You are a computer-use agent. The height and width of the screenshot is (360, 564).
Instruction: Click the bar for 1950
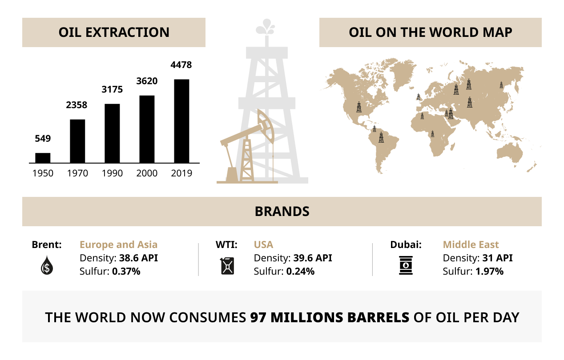43,158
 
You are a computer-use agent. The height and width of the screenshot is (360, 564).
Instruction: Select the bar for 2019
181,121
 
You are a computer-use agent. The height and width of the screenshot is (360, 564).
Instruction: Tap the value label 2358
77,105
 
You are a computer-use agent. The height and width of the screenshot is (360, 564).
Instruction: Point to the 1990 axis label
112,173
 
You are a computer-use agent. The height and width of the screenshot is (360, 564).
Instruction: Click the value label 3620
147,81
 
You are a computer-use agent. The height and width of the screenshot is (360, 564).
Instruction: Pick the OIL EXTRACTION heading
114,32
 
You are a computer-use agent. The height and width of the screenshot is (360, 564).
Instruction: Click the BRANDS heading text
282,212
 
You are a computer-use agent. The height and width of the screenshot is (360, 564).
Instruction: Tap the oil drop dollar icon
47,265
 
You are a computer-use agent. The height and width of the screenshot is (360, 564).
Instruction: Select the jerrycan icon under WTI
227,266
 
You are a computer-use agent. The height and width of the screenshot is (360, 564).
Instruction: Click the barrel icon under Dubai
406,265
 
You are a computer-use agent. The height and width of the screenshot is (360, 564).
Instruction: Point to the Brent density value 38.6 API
138,258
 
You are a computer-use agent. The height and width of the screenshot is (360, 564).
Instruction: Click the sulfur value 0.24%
300,272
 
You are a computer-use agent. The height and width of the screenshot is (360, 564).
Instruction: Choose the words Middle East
471,244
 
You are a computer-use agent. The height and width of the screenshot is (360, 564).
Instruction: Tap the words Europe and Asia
119,244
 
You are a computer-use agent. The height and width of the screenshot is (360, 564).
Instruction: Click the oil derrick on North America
359,107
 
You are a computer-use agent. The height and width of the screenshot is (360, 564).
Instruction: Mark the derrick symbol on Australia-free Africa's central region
433,134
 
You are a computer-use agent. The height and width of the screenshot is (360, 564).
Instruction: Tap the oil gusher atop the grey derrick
265,27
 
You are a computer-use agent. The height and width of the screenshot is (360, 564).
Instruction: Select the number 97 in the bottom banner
258,317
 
